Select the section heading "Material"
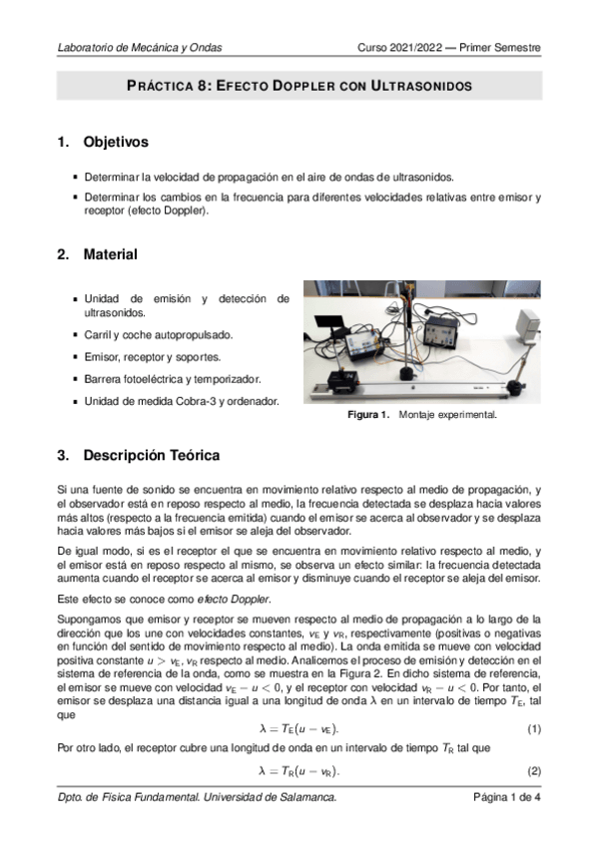[110, 255]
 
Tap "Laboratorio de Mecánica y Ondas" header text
[140, 47]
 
